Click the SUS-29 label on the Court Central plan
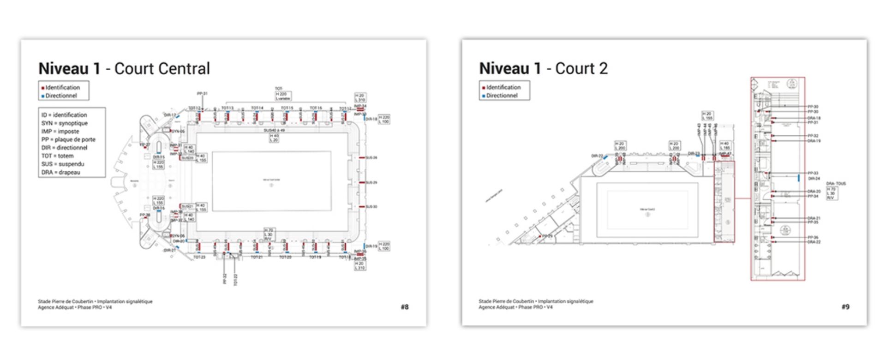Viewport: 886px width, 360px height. (x=371, y=182)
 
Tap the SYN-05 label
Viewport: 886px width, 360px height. (x=178, y=132)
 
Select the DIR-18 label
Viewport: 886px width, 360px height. (x=371, y=119)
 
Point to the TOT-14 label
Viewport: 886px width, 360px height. (x=257, y=108)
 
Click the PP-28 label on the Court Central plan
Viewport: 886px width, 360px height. (x=145, y=215)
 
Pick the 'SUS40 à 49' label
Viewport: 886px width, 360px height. (x=274, y=131)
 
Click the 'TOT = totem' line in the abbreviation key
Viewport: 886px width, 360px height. (x=57, y=156)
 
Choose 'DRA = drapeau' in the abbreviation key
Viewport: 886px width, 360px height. (x=60, y=172)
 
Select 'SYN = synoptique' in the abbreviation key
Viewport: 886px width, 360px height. (x=64, y=123)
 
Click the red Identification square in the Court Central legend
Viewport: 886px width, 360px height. (x=43, y=88)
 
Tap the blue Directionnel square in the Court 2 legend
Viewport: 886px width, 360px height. (x=484, y=96)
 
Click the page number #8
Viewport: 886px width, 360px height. (x=405, y=307)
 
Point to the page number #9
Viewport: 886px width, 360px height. (x=845, y=307)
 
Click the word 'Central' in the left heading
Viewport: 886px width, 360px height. (x=187, y=69)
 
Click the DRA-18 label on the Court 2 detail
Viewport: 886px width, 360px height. (x=814, y=118)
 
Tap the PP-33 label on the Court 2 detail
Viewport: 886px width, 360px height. (x=813, y=173)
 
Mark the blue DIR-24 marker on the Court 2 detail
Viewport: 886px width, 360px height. (x=799, y=178)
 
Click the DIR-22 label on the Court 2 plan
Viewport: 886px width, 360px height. (x=597, y=156)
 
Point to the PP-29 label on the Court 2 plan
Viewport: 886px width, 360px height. (x=547, y=236)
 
